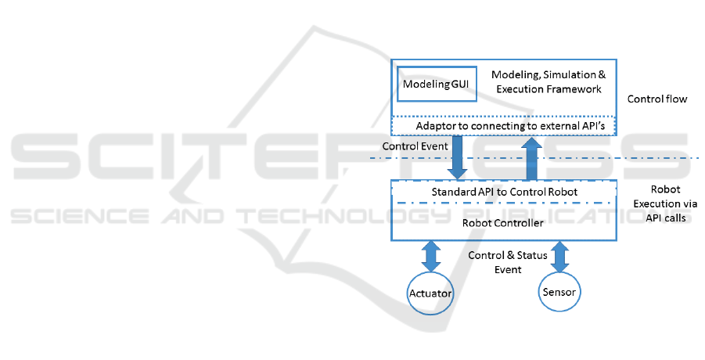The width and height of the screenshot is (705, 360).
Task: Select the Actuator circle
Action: (x=432, y=293)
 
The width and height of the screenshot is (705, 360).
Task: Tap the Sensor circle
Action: (x=559, y=292)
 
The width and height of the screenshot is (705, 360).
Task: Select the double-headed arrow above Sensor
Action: (x=559, y=256)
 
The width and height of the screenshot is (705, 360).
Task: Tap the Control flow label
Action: (x=656, y=100)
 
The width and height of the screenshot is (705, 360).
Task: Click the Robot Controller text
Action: (x=503, y=223)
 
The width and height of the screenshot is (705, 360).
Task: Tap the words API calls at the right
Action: (x=663, y=218)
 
